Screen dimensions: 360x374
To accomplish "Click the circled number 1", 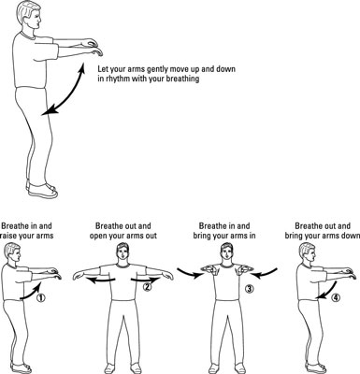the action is (x=41, y=297).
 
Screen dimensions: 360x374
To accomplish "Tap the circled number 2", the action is (x=147, y=287).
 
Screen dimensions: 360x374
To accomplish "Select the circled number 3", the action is (x=250, y=289).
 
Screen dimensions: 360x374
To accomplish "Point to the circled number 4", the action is (x=335, y=298).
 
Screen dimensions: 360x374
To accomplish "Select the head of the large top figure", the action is (x=29, y=15).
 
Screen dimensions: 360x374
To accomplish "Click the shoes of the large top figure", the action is (x=42, y=190).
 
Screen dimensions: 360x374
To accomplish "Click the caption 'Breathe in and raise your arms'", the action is (x=27, y=231).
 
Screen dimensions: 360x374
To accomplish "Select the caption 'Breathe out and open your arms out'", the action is (x=123, y=231).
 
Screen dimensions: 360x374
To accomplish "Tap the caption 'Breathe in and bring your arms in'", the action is (x=224, y=231).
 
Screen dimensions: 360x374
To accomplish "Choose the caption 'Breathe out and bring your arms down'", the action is (x=323, y=231).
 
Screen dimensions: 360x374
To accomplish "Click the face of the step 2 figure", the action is (x=122, y=252).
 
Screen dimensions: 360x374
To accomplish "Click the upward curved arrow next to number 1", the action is (x=32, y=293).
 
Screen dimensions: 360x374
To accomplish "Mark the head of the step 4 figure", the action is (x=308, y=252).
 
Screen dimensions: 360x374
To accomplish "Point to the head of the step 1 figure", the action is (x=12, y=252).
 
